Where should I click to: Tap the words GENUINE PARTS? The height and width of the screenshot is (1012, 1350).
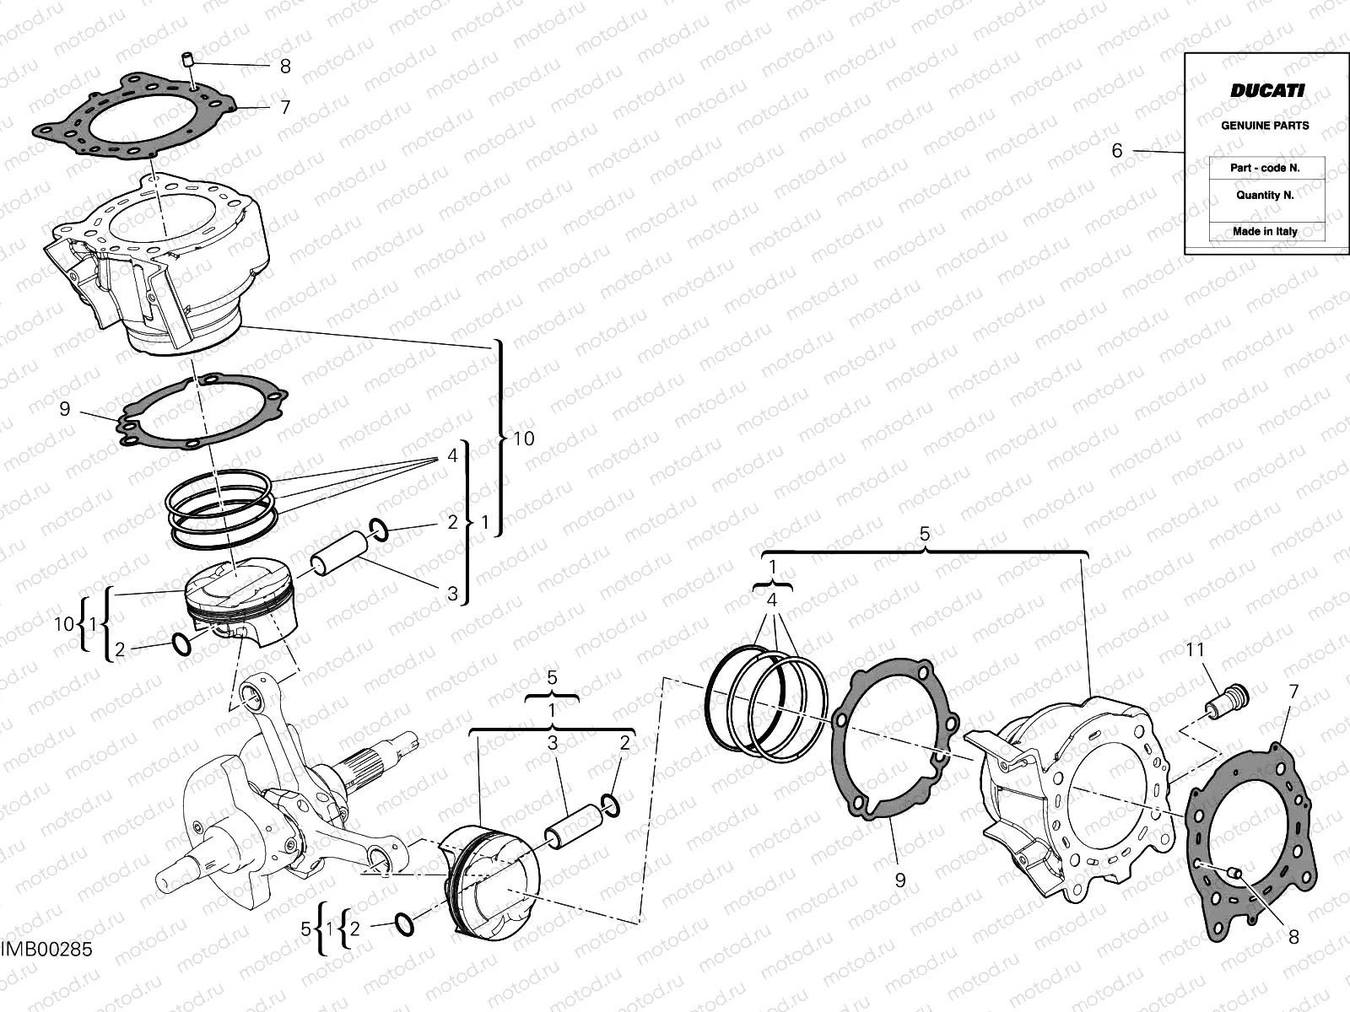pos(1265,126)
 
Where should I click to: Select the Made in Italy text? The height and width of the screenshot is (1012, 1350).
pos(1265,231)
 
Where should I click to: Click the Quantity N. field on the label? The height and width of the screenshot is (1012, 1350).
pos(1265,195)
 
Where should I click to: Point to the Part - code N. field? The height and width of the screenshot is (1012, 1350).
pos(1265,168)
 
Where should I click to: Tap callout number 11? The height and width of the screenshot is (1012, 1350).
pos(1195,650)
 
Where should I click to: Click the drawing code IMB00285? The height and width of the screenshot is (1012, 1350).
pos(46,950)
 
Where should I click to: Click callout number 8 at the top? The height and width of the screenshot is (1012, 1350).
pos(285,66)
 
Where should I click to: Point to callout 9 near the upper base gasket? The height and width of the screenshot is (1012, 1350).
pos(65,410)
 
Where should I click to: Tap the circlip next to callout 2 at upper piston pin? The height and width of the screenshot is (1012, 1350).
pos(380,531)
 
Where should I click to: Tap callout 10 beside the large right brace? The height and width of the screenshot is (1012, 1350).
pos(523,439)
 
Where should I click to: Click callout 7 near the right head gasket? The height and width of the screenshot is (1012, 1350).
pos(1293,692)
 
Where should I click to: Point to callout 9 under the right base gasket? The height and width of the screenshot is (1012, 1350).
pos(900,880)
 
